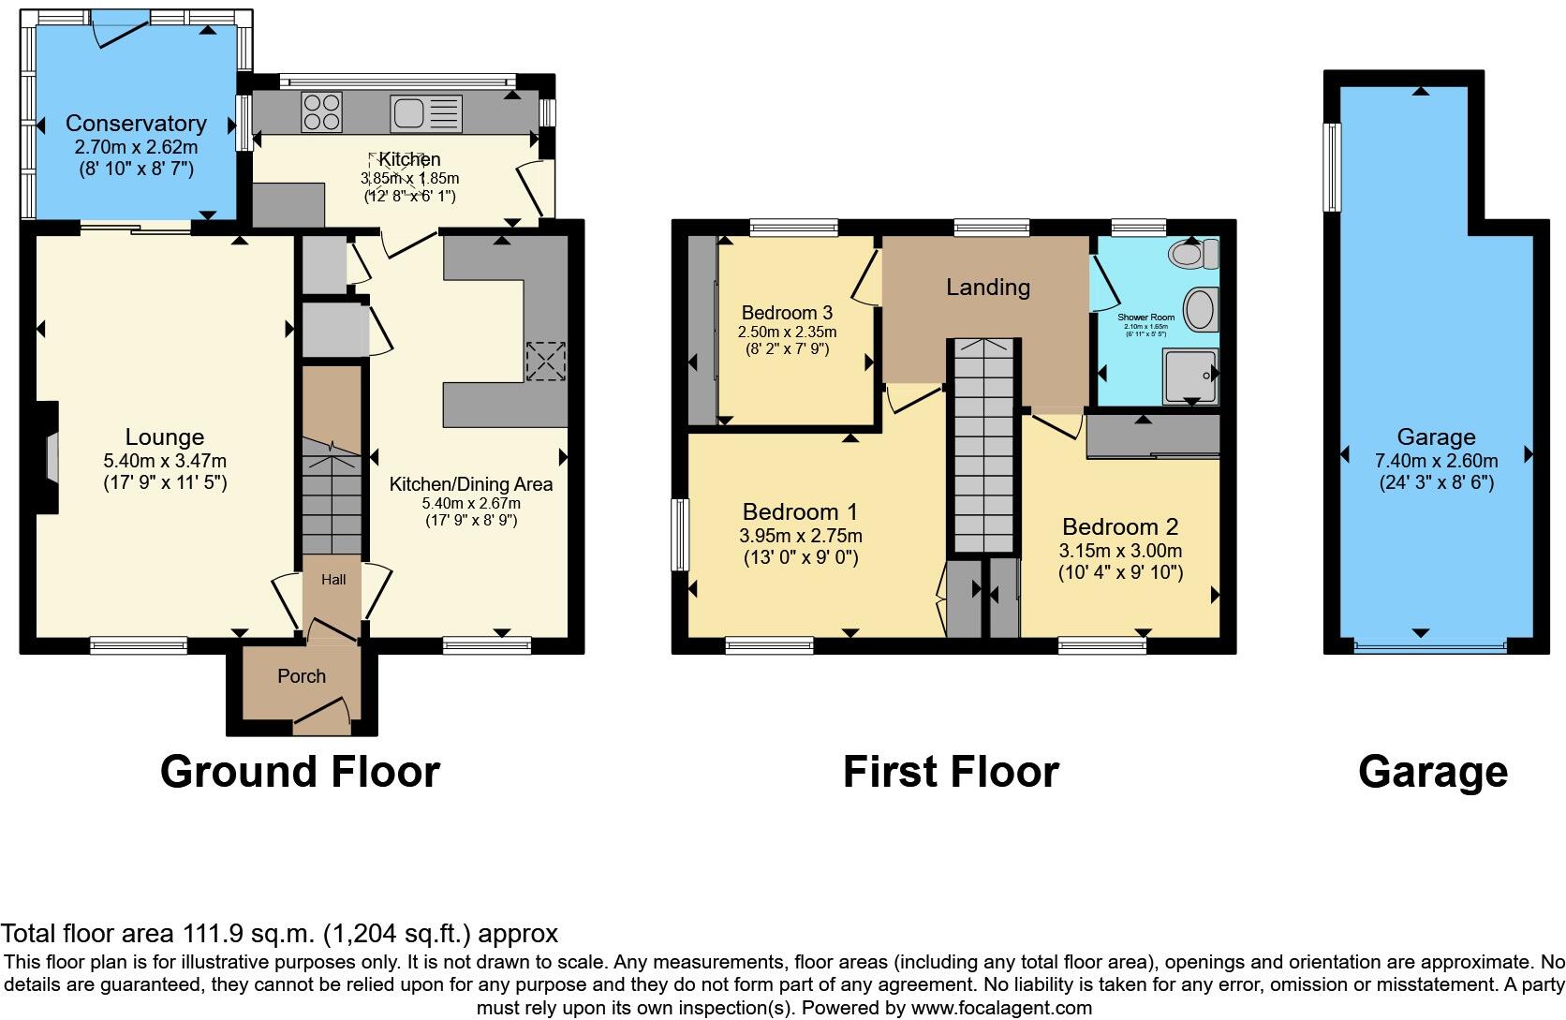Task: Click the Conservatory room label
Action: coord(136,123)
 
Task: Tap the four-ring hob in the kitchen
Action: coord(321,112)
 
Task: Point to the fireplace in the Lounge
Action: coord(49,458)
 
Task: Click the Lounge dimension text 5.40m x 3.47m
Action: coord(165,461)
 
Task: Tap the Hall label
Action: coord(333,579)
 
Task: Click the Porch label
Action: coord(302,675)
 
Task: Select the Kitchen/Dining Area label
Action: coord(470,484)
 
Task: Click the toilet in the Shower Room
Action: coord(1193,253)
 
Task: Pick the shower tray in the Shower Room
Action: coord(1189,376)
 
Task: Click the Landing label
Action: coord(987,287)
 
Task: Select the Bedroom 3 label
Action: coord(787,313)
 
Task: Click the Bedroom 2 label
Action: coord(1120,526)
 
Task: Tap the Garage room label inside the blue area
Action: coord(1436,436)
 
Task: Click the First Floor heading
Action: coord(950,772)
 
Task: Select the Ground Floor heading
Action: coord(300,772)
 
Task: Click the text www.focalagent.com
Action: coord(1002,1008)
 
